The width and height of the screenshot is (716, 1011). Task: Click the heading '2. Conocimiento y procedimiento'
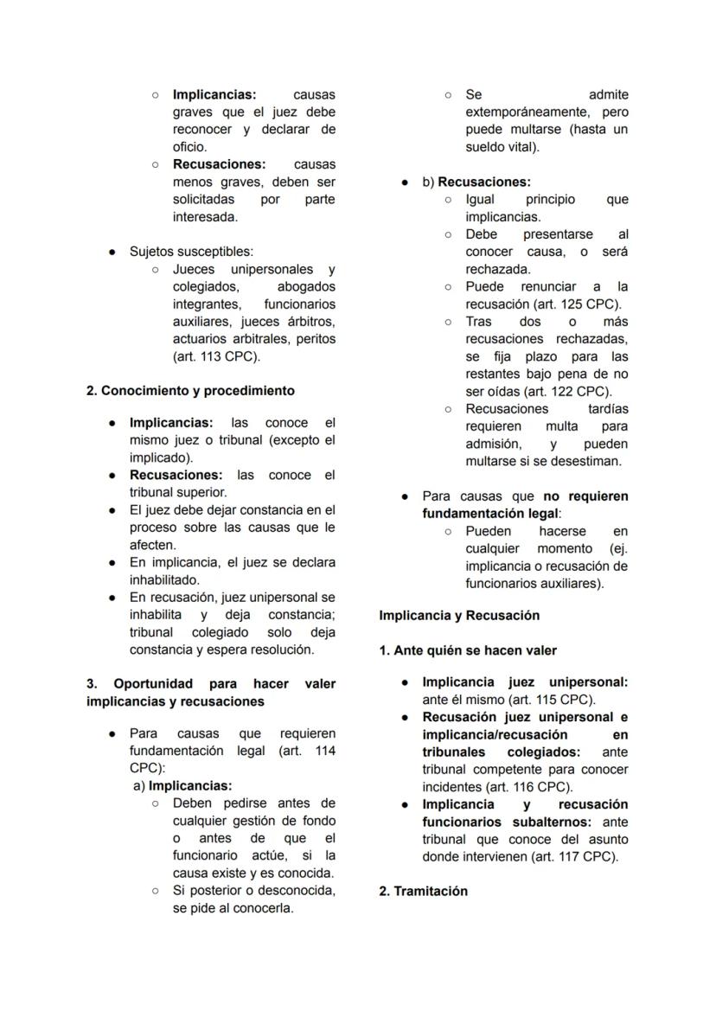coord(190,391)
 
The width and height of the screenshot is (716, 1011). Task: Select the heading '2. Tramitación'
coord(423,892)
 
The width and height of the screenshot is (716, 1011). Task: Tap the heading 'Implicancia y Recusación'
coord(459,616)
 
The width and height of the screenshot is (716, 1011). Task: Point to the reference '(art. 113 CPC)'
coord(216,356)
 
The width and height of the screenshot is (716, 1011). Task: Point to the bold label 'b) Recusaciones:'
coord(476,182)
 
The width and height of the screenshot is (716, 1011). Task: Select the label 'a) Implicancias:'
coord(183,786)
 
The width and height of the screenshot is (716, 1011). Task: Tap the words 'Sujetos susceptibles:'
coord(191,252)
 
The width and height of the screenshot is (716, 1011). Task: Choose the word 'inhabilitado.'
coord(164,580)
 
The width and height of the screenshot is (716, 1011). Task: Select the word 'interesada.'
coord(205,217)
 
